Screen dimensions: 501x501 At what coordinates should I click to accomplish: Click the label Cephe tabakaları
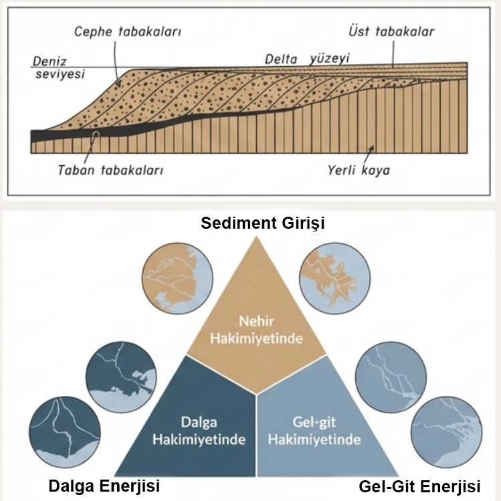[128, 31]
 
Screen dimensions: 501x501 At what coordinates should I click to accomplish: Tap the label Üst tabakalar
[392, 31]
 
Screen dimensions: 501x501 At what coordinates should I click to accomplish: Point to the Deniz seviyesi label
[59, 68]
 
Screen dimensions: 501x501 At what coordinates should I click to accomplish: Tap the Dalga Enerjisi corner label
[104, 485]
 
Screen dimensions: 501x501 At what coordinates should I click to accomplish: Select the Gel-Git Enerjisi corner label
[419, 485]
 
